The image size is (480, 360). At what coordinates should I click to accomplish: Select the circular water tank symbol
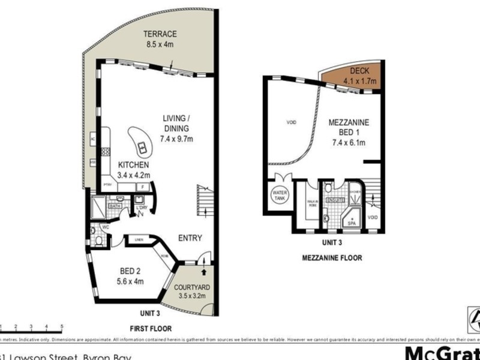tap(280, 196)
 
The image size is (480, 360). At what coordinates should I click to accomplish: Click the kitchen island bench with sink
tap(140, 143)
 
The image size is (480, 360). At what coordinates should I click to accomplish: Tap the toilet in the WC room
tap(98, 241)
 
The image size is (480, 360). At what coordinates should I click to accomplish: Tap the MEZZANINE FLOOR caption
tap(331, 258)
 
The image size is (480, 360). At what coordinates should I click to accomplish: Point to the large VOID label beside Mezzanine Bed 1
tap(291, 122)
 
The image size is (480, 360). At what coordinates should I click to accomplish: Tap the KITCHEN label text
tap(134, 165)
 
